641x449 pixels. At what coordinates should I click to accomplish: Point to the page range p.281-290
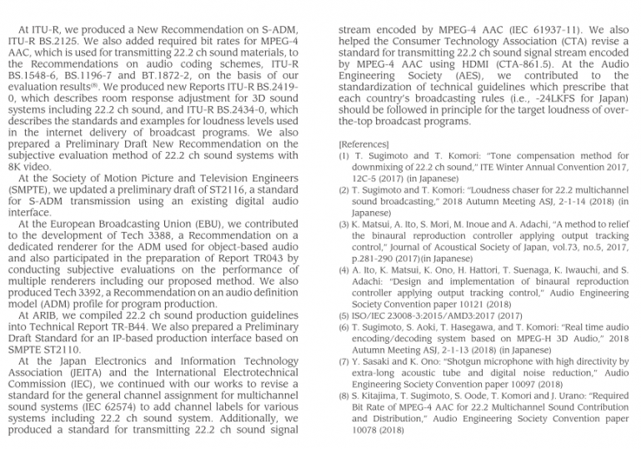pos(378,260)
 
